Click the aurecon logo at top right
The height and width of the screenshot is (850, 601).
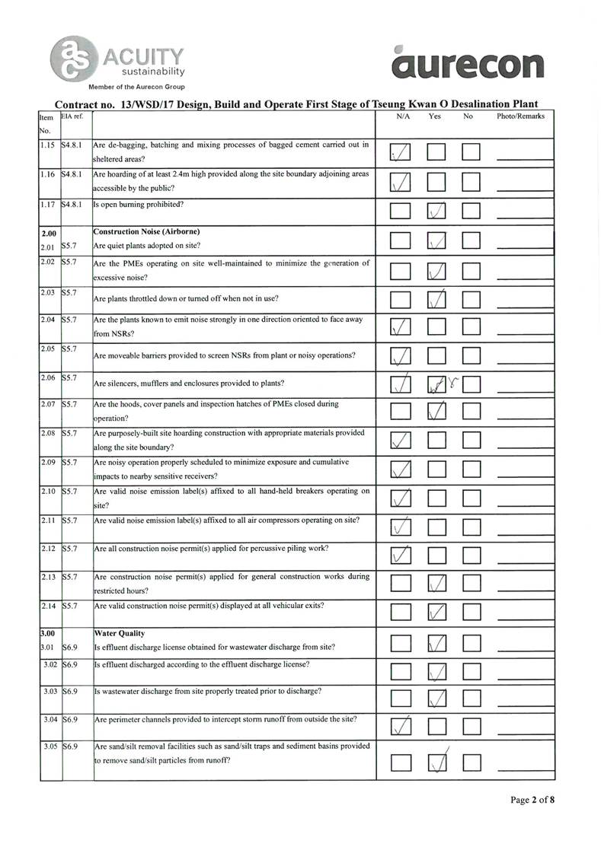point(468,62)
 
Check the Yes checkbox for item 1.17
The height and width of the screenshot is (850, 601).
point(436,210)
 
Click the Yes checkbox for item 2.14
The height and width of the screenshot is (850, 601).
point(436,611)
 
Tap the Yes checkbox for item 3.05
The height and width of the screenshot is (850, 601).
point(436,761)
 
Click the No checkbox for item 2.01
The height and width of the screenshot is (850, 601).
point(470,241)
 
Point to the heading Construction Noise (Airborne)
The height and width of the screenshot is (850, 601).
point(140,231)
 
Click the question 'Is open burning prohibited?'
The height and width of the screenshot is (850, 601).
point(139,204)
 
